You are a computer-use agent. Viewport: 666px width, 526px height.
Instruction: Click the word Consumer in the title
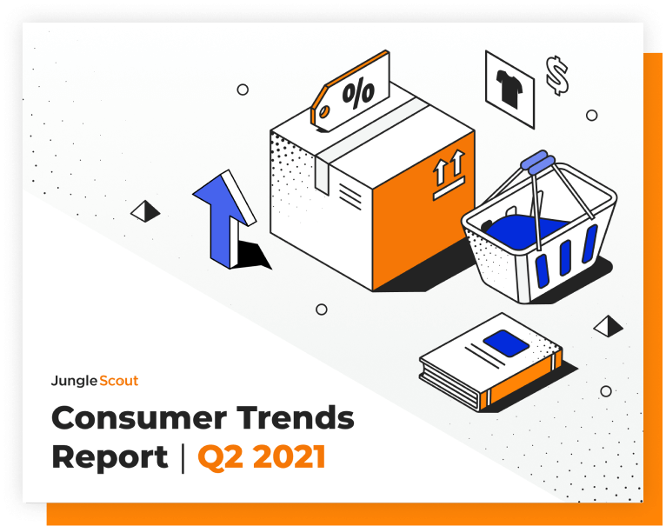coord(138,418)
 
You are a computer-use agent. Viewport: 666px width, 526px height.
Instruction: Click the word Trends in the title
coord(296,417)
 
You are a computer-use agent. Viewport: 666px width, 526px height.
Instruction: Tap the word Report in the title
coord(110,457)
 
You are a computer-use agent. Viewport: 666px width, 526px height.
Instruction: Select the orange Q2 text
coord(221,457)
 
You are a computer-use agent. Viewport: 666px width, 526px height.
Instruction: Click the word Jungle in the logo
coord(74,381)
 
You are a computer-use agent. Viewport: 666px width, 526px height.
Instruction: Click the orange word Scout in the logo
coord(118,381)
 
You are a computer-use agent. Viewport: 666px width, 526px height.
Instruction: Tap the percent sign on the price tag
coord(358,93)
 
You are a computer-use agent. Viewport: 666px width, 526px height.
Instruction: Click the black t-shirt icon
coord(509,88)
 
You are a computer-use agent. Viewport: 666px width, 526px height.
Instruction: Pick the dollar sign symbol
coord(557,75)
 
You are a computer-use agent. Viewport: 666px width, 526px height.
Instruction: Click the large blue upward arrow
coord(223,218)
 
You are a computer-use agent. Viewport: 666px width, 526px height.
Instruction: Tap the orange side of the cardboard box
coord(423,212)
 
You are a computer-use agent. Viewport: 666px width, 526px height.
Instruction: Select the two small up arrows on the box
coord(449,168)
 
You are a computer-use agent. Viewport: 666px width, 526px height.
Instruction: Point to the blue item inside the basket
coord(527,233)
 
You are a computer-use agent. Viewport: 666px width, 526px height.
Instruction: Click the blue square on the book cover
coord(506,343)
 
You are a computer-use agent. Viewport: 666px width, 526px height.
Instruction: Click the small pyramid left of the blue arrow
coord(145,211)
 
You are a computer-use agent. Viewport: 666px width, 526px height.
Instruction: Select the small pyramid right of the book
coord(609,326)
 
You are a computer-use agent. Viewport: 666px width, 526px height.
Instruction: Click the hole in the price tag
coord(324,112)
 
